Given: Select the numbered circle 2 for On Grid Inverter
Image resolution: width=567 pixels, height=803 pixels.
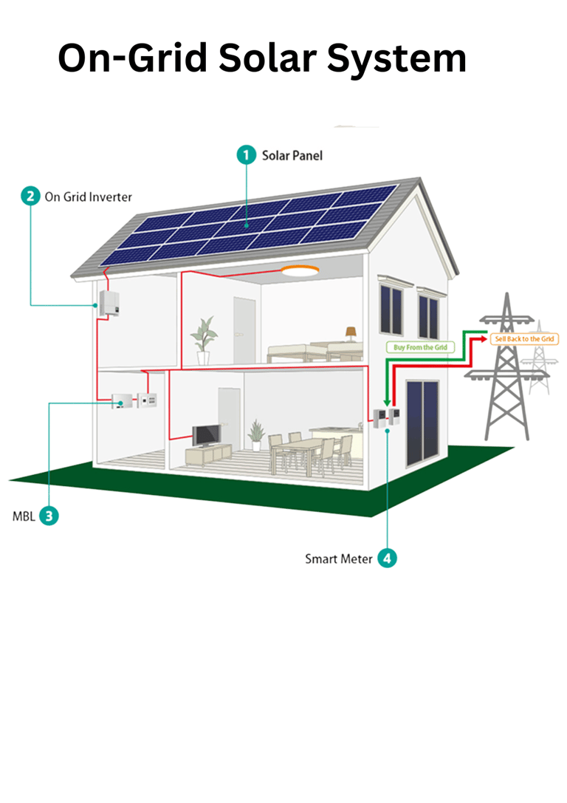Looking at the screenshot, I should [x=31, y=197].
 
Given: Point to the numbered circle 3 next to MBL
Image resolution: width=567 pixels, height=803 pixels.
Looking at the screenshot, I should [x=49, y=516].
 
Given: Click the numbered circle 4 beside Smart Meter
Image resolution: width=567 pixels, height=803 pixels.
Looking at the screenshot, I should [x=387, y=558].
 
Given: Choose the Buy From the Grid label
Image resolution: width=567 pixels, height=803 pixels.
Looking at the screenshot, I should [x=419, y=346].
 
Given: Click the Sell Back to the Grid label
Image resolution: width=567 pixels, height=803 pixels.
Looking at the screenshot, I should [x=522, y=338].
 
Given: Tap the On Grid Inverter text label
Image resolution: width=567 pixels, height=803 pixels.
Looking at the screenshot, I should [x=89, y=197].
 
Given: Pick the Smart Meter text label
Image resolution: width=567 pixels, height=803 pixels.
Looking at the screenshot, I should [x=339, y=559].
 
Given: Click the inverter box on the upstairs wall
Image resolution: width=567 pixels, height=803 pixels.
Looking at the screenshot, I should [x=108, y=302].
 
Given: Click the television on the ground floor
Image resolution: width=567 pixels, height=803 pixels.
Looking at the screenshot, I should [x=206, y=434].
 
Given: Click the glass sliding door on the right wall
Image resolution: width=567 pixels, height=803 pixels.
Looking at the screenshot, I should [x=422, y=423].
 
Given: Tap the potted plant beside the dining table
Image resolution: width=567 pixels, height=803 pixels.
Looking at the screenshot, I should [x=256, y=434].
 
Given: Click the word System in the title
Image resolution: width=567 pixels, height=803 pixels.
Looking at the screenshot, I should [x=398, y=58].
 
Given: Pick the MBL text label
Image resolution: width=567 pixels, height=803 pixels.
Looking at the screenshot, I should [x=24, y=516].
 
